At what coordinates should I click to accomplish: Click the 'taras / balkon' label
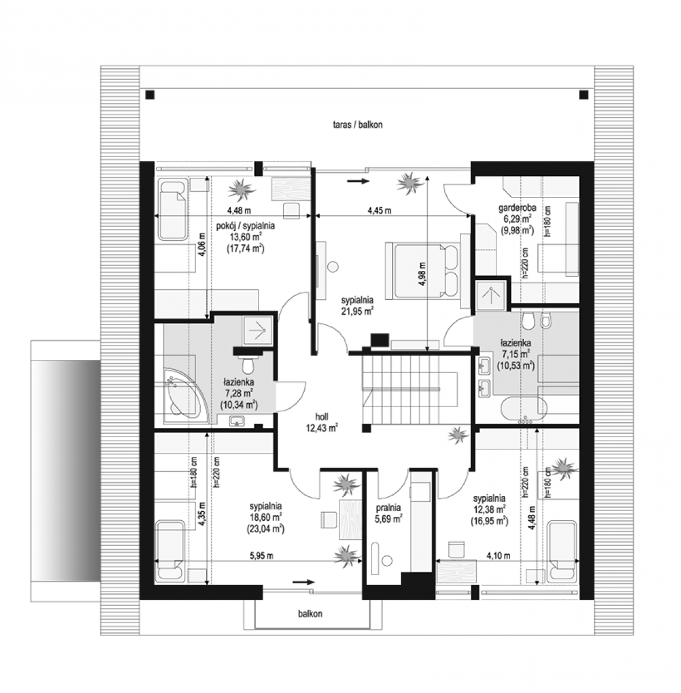[x=357, y=125]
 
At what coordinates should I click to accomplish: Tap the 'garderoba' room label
[x=517, y=207]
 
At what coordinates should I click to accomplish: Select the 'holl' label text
[x=321, y=417]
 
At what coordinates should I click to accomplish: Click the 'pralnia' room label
[x=388, y=508]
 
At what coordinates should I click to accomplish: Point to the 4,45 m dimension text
[x=379, y=210]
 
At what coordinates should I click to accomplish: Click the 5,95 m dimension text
[x=261, y=556]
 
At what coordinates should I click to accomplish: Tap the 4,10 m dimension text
[x=499, y=556]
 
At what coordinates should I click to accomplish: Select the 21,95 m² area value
[x=357, y=310]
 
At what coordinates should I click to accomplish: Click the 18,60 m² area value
[x=265, y=517]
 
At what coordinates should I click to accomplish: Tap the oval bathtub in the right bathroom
[x=523, y=408]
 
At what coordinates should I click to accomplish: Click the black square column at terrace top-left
[x=150, y=95]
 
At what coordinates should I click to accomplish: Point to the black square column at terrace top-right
[x=583, y=95]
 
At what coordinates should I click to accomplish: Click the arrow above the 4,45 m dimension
[x=358, y=181]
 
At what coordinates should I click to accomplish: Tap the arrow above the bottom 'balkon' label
[x=304, y=582]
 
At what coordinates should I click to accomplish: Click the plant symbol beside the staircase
[x=459, y=435]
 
